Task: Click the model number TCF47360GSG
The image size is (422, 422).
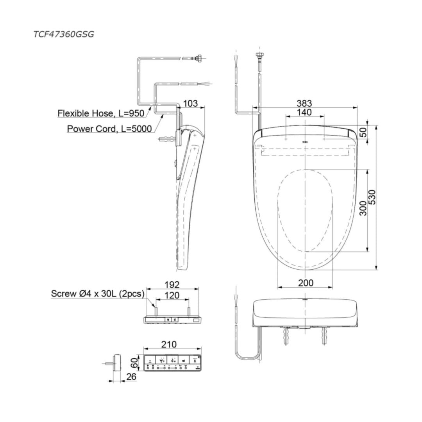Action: click(63, 34)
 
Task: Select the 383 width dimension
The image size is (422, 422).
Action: click(304, 103)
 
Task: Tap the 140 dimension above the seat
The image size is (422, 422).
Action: click(304, 113)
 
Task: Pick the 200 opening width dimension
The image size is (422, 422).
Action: click(305, 283)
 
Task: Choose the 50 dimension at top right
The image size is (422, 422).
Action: click(363, 132)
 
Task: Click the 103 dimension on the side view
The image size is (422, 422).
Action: click(190, 104)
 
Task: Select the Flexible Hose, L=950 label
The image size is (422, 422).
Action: click(101, 113)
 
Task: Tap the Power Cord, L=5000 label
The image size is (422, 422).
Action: click(109, 129)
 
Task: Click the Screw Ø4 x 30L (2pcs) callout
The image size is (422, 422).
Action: click(98, 293)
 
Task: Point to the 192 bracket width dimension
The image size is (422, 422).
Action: click(172, 284)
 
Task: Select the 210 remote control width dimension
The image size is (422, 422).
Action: click(169, 344)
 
